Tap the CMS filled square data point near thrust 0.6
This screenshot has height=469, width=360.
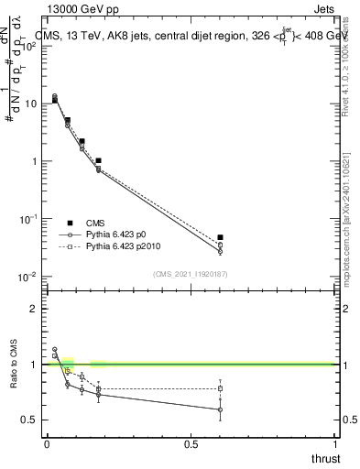(x=220, y=237)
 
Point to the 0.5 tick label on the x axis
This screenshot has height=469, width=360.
(x=191, y=442)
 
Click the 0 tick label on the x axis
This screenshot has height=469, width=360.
(x=47, y=442)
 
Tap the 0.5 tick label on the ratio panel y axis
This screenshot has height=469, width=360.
(x=28, y=420)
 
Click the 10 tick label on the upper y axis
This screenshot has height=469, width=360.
(x=29, y=104)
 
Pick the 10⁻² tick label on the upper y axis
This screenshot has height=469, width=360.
(x=28, y=277)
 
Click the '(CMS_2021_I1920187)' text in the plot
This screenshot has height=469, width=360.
(x=190, y=272)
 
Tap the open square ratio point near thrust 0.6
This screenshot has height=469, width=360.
(x=220, y=388)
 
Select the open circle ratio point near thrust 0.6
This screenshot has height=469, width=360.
(x=220, y=409)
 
